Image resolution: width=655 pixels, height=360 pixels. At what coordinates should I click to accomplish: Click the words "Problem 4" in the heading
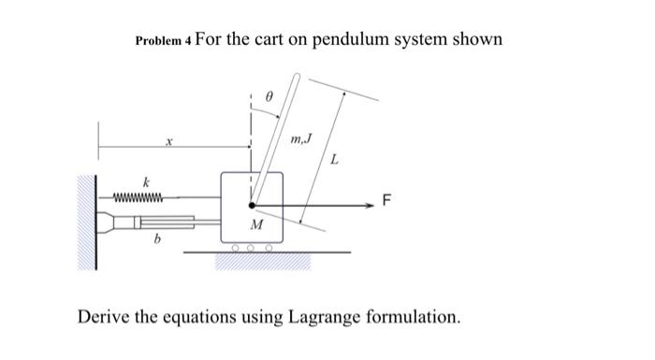click(x=164, y=41)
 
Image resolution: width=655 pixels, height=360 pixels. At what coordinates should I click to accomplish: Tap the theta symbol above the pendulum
click(x=269, y=95)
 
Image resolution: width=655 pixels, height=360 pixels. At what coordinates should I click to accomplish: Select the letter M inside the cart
click(x=255, y=224)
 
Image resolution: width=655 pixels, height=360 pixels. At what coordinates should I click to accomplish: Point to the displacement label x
click(x=169, y=143)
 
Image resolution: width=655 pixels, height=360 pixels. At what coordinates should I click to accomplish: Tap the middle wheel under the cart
click(x=251, y=249)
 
